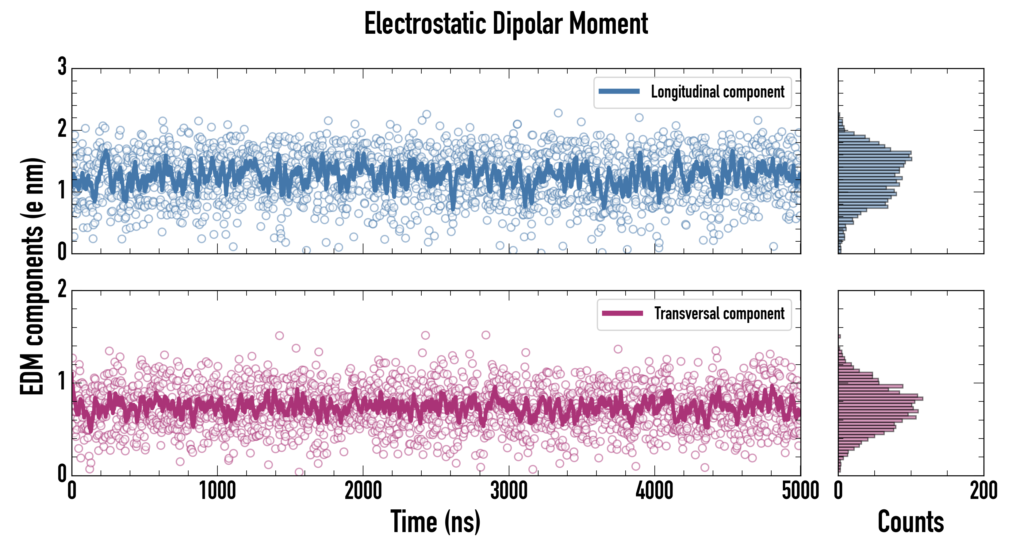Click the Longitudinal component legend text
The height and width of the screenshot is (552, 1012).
click(x=717, y=92)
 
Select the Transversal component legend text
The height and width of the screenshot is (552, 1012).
click(x=719, y=313)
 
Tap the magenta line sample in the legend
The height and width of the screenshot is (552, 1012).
click(x=622, y=313)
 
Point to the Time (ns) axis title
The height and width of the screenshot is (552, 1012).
click(x=435, y=521)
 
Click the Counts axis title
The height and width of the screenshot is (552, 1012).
click(x=910, y=521)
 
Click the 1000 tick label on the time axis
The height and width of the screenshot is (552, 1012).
click(x=217, y=491)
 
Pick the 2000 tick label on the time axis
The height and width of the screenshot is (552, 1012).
click(x=363, y=491)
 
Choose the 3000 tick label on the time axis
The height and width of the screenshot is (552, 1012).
click(x=509, y=491)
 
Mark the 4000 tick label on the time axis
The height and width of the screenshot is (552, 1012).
click(x=654, y=491)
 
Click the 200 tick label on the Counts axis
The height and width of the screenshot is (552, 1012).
click(x=983, y=491)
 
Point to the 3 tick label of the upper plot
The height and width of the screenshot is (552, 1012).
click(x=62, y=67)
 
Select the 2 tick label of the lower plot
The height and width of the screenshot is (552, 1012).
click(x=62, y=289)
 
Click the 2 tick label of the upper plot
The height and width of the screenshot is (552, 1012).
click(x=62, y=129)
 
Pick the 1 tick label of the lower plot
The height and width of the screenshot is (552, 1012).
click(x=62, y=381)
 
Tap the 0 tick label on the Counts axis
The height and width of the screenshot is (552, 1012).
click(x=838, y=491)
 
